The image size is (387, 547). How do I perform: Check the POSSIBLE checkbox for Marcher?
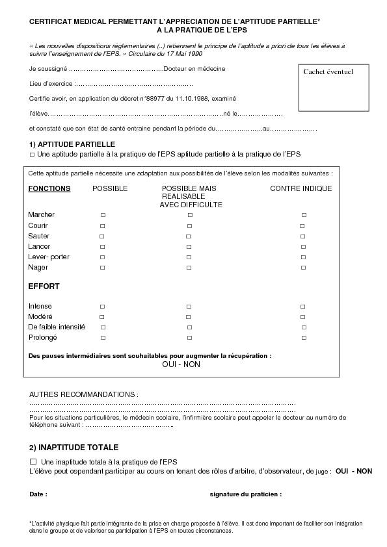tap(103, 215)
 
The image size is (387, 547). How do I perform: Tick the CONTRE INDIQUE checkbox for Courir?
tap(302, 225)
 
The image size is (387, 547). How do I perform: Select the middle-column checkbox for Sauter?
tap(189, 236)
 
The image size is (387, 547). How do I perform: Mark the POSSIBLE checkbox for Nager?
tap(102, 268)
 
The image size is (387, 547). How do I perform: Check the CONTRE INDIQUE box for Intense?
tap(303, 306)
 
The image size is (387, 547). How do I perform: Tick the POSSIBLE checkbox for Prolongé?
tap(103, 338)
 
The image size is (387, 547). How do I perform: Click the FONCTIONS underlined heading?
tap(49, 188)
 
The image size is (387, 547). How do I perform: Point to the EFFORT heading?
tap(44, 286)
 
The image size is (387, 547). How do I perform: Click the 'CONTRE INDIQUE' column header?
tap(300, 188)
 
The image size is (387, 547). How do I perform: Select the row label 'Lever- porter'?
tap(49, 257)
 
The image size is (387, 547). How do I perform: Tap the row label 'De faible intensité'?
tap(57, 327)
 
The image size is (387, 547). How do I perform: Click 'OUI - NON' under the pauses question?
tap(181, 364)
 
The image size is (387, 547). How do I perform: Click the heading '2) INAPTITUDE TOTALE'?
tap(73, 448)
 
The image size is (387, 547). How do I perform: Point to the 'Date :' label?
tap(38, 494)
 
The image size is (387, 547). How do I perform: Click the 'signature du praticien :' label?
tap(245, 494)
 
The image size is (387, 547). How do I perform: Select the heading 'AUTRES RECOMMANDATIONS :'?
tap(83, 394)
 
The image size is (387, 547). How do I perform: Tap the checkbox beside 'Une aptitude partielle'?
tap(32, 155)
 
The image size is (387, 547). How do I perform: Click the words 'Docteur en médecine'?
tap(194, 69)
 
